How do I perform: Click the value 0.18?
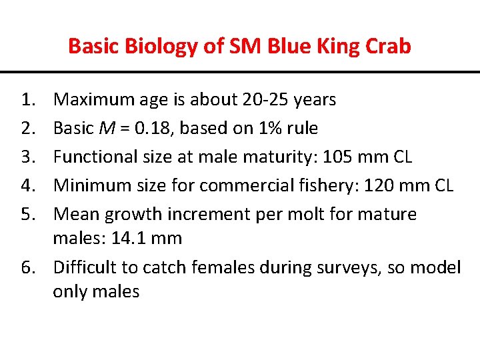[166, 129]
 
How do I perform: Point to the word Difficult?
[83, 268]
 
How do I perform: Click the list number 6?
[28, 268]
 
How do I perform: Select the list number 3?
[28, 157]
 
